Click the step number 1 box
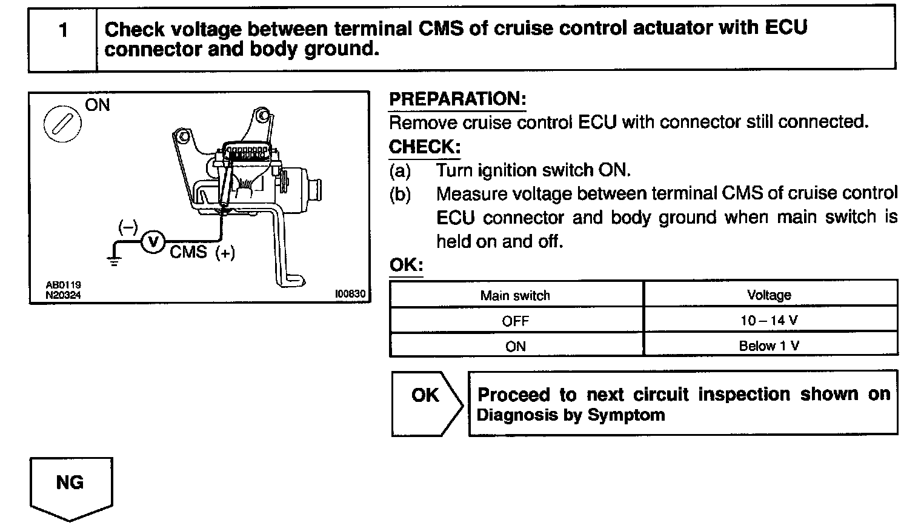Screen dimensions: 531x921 tap(62, 38)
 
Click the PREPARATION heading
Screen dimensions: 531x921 tap(457, 99)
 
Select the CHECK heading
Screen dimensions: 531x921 tap(424, 147)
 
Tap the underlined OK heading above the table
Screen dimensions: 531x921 tap(405, 265)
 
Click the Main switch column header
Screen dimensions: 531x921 tap(515, 295)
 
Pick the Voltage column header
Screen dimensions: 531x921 tap(769, 295)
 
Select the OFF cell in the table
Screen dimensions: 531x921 tap(515, 321)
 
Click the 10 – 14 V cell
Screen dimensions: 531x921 tap(769, 320)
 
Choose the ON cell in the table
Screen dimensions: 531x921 tap(515, 346)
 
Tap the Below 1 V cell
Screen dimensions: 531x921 tap(769, 346)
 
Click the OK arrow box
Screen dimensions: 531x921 tap(426, 402)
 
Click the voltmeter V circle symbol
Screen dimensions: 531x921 tap(153, 242)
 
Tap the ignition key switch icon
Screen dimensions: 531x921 tap(61, 124)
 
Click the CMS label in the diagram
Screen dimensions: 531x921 tap(188, 252)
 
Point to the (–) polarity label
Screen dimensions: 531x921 tap(128, 227)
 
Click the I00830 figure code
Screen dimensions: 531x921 tap(350, 294)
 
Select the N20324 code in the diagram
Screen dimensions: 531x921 tap(63, 295)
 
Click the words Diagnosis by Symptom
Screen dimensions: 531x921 tap(571, 415)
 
